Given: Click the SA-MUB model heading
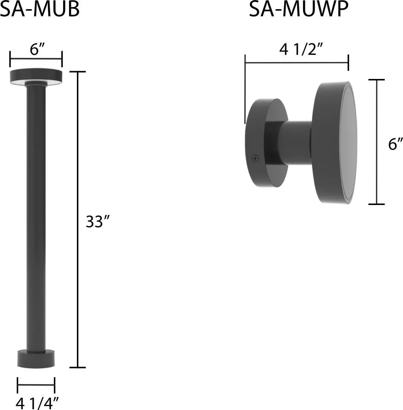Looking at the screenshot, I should pyautogui.click(x=40, y=9).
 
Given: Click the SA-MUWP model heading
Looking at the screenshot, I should pyautogui.click(x=299, y=9).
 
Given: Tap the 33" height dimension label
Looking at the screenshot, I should pyautogui.click(x=98, y=222).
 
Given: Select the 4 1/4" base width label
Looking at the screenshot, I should pyautogui.click(x=37, y=403).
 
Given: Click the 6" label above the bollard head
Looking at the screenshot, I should pyautogui.click(x=37, y=49).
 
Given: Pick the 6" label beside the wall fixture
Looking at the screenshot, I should pyautogui.click(x=395, y=144).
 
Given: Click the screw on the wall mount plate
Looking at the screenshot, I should pyautogui.click(x=255, y=158).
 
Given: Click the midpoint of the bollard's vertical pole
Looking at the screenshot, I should pyautogui.click(x=36, y=219).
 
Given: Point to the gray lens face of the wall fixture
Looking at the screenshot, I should pyautogui.click(x=348, y=143).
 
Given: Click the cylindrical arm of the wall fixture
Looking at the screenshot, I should pyautogui.click(x=295, y=143).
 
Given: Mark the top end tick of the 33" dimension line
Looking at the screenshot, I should pyautogui.click(x=78, y=72).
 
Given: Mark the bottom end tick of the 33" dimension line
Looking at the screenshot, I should pyautogui.click(x=78, y=367).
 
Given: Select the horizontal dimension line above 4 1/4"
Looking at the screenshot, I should pyautogui.click(x=36, y=386).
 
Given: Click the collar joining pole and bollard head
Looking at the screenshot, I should pyautogui.click(x=36, y=84).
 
